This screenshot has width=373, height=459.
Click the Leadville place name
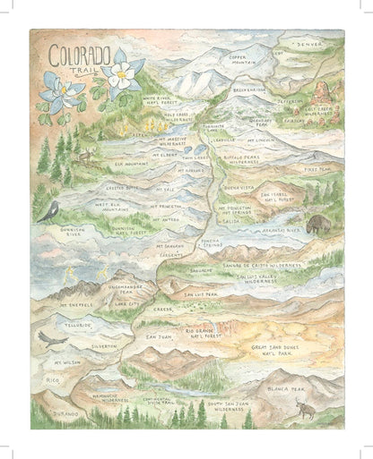220,140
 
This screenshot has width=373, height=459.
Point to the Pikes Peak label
317,168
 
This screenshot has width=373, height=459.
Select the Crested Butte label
122,189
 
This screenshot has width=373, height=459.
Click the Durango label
64,414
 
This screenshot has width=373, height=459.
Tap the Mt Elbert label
164,154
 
